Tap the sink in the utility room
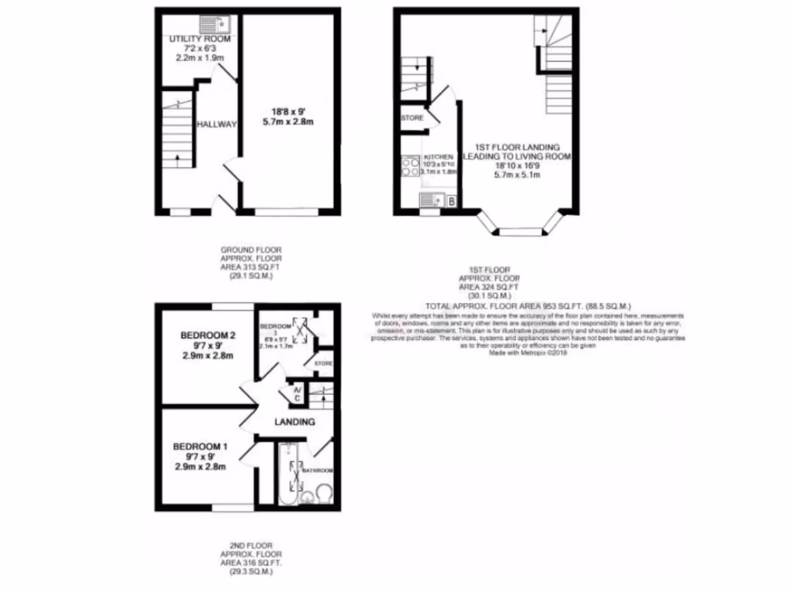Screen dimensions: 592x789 coord(210,23)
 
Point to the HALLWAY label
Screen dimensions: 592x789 coord(216,124)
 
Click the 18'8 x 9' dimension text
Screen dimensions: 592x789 coord(290,110)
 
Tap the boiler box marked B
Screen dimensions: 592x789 coord(451,201)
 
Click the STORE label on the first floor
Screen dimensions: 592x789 coord(412,118)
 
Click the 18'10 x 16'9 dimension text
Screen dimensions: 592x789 coord(517,165)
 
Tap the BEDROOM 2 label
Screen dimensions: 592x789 coord(207,335)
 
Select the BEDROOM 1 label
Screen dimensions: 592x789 coord(200,446)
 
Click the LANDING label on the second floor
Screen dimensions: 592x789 coord(295,422)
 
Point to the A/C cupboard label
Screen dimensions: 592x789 coord(298,394)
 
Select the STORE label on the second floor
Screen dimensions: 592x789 coord(323,362)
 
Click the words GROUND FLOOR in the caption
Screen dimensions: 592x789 coord(251,250)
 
